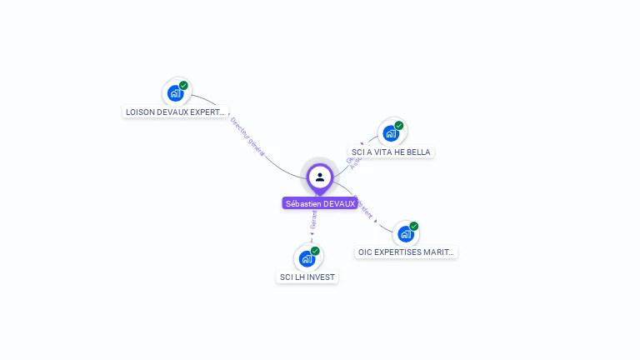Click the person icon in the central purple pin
(320, 177)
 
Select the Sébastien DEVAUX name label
(320, 203)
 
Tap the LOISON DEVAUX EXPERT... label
(175, 112)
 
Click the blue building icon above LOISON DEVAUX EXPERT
(175, 92)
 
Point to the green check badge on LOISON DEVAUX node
(183, 85)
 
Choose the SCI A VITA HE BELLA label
(392, 152)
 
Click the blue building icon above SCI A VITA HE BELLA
(390, 133)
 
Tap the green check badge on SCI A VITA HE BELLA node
(399, 126)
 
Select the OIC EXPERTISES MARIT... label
(407, 252)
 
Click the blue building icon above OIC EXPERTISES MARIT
(405, 233)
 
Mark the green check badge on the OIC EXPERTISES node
(414, 226)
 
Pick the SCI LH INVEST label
(307, 277)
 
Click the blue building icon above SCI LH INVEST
(307, 258)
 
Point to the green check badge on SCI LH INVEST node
(315, 251)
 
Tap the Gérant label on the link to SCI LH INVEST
(313, 220)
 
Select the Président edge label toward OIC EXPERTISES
(363, 207)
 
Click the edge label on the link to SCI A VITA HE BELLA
(352, 159)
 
